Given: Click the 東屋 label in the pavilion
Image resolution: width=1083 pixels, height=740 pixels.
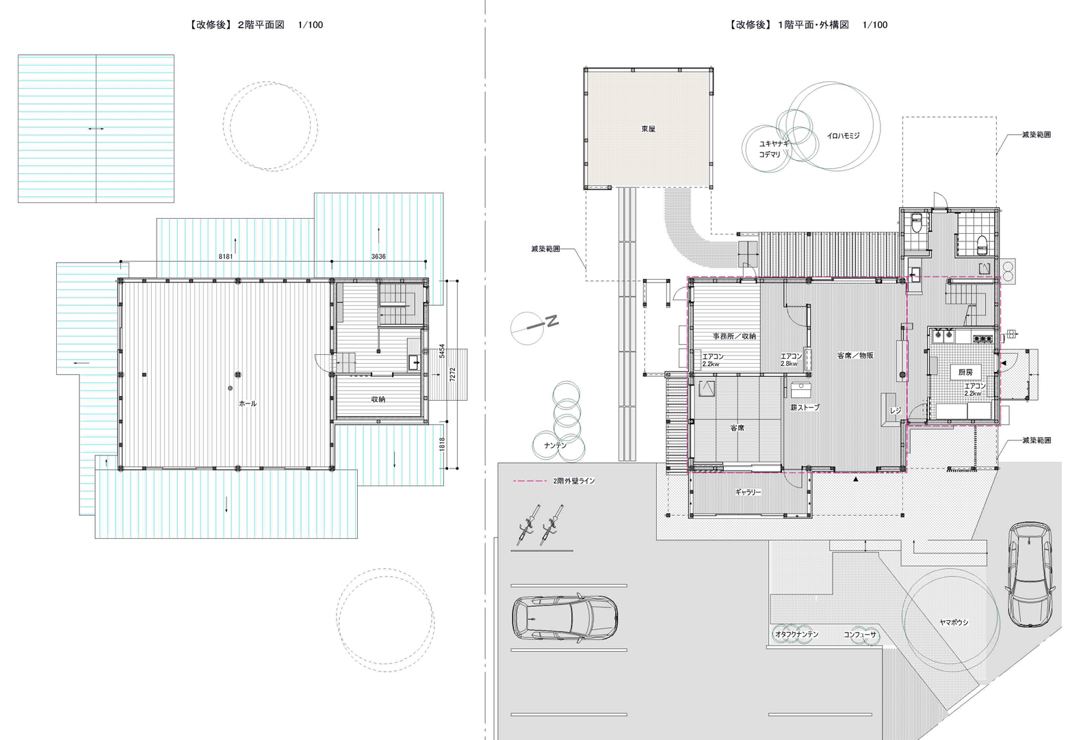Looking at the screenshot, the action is coord(649,129).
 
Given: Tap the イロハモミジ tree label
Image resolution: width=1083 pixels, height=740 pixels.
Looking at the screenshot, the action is coord(843,136).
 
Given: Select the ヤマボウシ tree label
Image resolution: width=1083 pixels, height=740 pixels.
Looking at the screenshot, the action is coord(954,622).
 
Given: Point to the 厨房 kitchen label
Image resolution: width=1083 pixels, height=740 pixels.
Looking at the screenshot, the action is coord(965,372).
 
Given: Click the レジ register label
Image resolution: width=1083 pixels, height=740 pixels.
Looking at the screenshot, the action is coord(896,410).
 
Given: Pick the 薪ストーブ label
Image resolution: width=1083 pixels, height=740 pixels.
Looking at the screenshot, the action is coord(805,408).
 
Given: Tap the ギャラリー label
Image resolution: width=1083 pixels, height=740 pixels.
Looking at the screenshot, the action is coord(748,492).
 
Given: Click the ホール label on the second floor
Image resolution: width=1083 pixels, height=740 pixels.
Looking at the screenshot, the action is coord(248,404).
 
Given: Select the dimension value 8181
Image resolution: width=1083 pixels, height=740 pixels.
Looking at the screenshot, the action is coord(226,256).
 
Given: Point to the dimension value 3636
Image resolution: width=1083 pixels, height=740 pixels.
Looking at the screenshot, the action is coord(378,256).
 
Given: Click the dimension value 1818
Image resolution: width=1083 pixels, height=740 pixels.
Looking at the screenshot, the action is coord(442,445).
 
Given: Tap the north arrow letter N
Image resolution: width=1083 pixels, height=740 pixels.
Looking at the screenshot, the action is coord(552,321).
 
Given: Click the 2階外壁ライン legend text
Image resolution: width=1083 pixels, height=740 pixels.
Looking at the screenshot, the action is coord(574,481).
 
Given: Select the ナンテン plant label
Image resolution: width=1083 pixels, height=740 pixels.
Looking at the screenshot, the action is coord(555,445).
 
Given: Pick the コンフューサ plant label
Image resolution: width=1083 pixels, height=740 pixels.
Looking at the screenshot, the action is coord(860,635).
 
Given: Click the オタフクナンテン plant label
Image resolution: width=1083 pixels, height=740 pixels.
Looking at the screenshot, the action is coord(797,634).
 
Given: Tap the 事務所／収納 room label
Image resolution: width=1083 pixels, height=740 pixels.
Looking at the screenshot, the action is coord(734,336).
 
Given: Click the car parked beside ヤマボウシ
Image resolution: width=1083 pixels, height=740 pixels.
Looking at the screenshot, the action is coord(1030,574).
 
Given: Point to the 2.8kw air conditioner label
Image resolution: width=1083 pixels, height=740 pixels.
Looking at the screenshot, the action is coord(789,363).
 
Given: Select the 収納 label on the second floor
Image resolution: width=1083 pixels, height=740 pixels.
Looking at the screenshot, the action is coord(378,399).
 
